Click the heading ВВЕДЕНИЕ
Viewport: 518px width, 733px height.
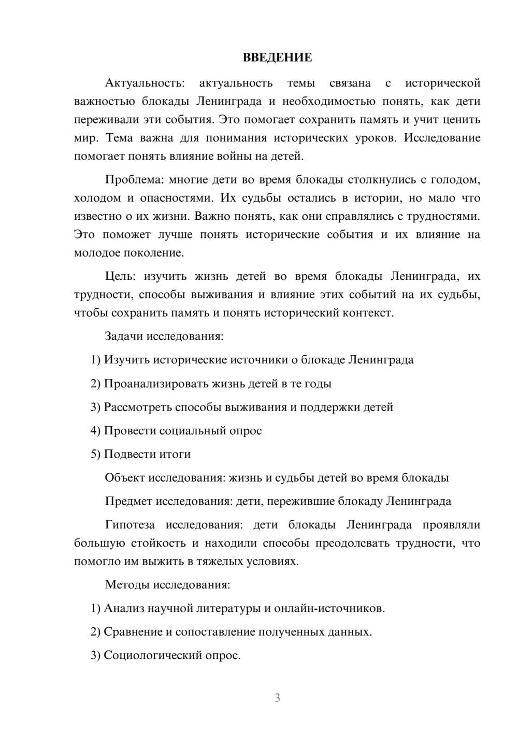coord(277,58)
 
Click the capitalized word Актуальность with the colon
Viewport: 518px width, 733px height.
coord(144,83)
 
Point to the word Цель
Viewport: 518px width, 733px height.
coord(121,276)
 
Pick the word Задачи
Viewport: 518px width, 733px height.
coord(124,336)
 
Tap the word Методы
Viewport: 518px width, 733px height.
coord(127,585)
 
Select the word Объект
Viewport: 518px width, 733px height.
coord(125,477)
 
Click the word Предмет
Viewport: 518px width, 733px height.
coord(129,501)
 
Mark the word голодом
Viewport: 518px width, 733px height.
coord(456,180)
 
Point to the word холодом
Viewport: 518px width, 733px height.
coord(97,198)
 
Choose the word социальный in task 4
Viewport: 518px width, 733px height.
coord(193,430)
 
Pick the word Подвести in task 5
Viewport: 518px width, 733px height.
coord(126,454)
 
